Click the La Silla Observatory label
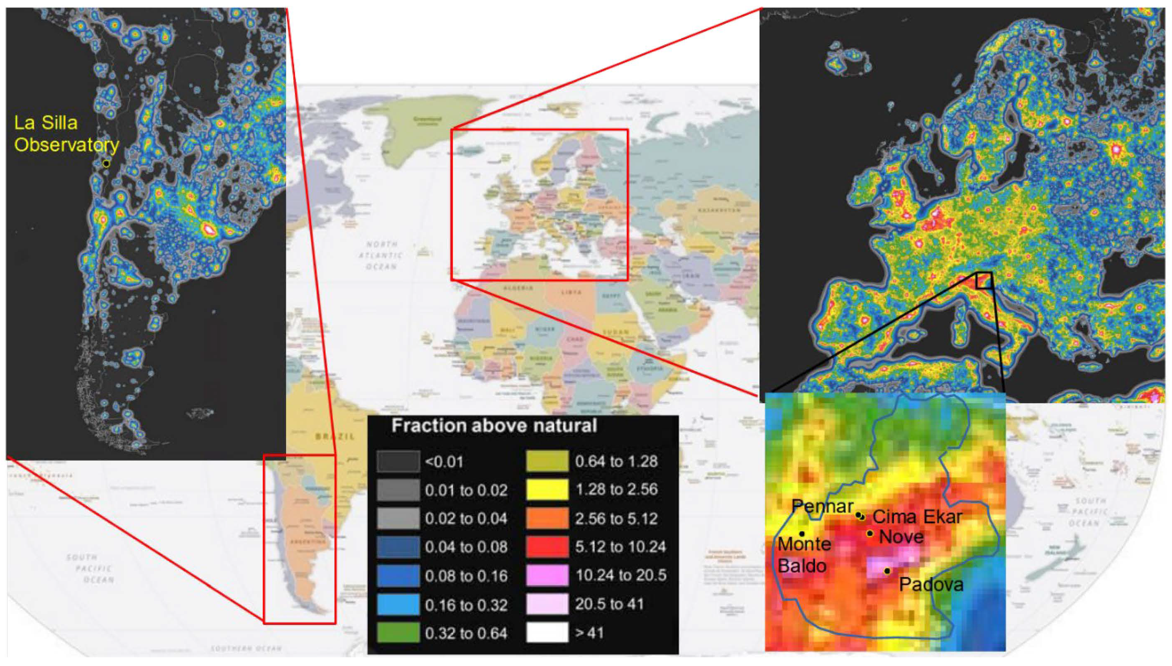pyautogui.click(x=67, y=134)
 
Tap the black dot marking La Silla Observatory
pyautogui.click(x=106, y=163)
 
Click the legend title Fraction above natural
pyautogui.click(x=494, y=426)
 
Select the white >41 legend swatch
pyautogui.click(x=547, y=633)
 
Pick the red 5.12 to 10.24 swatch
pyautogui.click(x=547, y=546)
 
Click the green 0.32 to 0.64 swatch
pyautogui.click(x=398, y=633)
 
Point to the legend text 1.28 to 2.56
pyautogui.click(x=616, y=490)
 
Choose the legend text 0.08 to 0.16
pyautogui.click(x=466, y=575)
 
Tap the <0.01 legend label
pyautogui.click(x=444, y=462)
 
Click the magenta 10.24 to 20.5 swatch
pyautogui.click(x=547, y=575)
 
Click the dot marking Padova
pyautogui.click(x=887, y=571)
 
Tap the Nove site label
pyautogui.click(x=901, y=536)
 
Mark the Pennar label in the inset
pyautogui.click(x=822, y=506)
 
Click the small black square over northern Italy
pyautogui.click(x=984, y=280)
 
